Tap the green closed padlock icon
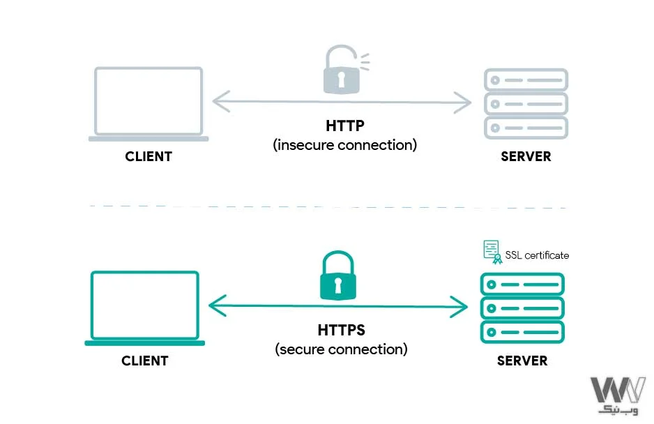(x=338, y=280)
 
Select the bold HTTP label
(x=345, y=126)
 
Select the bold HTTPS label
(x=342, y=330)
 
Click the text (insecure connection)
(x=345, y=145)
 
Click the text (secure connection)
(x=342, y=349)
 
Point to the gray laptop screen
(x=149, y=101)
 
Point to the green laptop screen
(x=145, y=305)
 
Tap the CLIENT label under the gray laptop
(x=149, y=157)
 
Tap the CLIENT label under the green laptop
(x=145, y=361)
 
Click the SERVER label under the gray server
(x=526, y=157)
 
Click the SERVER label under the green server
(x=522, y=361)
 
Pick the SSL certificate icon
(x=492, y=252)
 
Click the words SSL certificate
(x=537, y=255)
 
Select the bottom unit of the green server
(x=522, y=331)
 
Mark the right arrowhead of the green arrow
(x=460, y=305)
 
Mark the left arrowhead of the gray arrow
(x=220, y=102)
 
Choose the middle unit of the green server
(x=522, y=308)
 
